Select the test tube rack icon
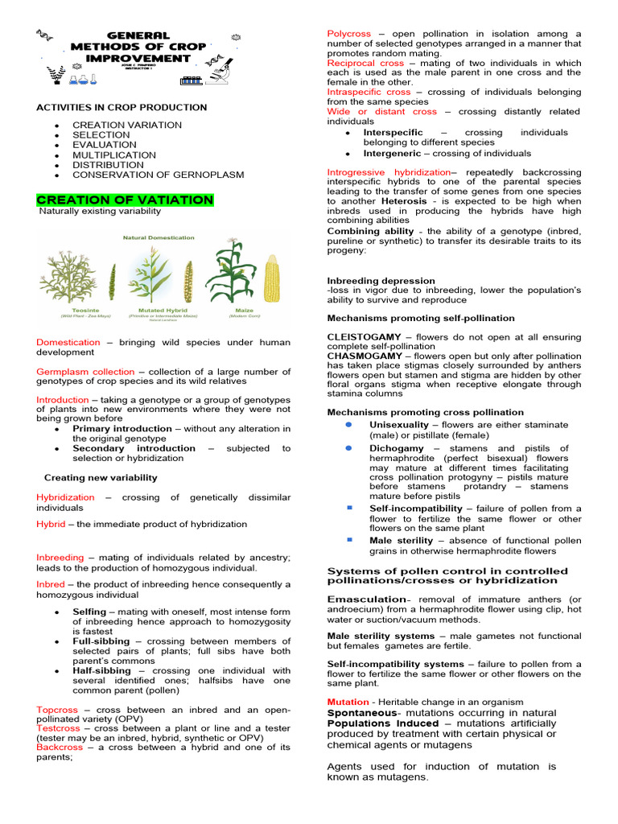click(x=191, y=79)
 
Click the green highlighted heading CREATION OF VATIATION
click(x=125, y=200)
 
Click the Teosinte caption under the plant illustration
click(x=67, y=308)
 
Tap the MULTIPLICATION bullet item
click(x=114, y=154)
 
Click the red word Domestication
click(x=68, y=342)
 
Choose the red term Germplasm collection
click(x=85, y=372)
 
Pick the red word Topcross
click(x=57, y=710)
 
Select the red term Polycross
click(x=349, y=34)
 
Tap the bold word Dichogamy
click(x=396, y=448)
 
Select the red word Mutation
click(x=348, y=702)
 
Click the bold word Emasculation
click(x=366, y=599)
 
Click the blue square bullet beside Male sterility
click(x=350, y=539)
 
